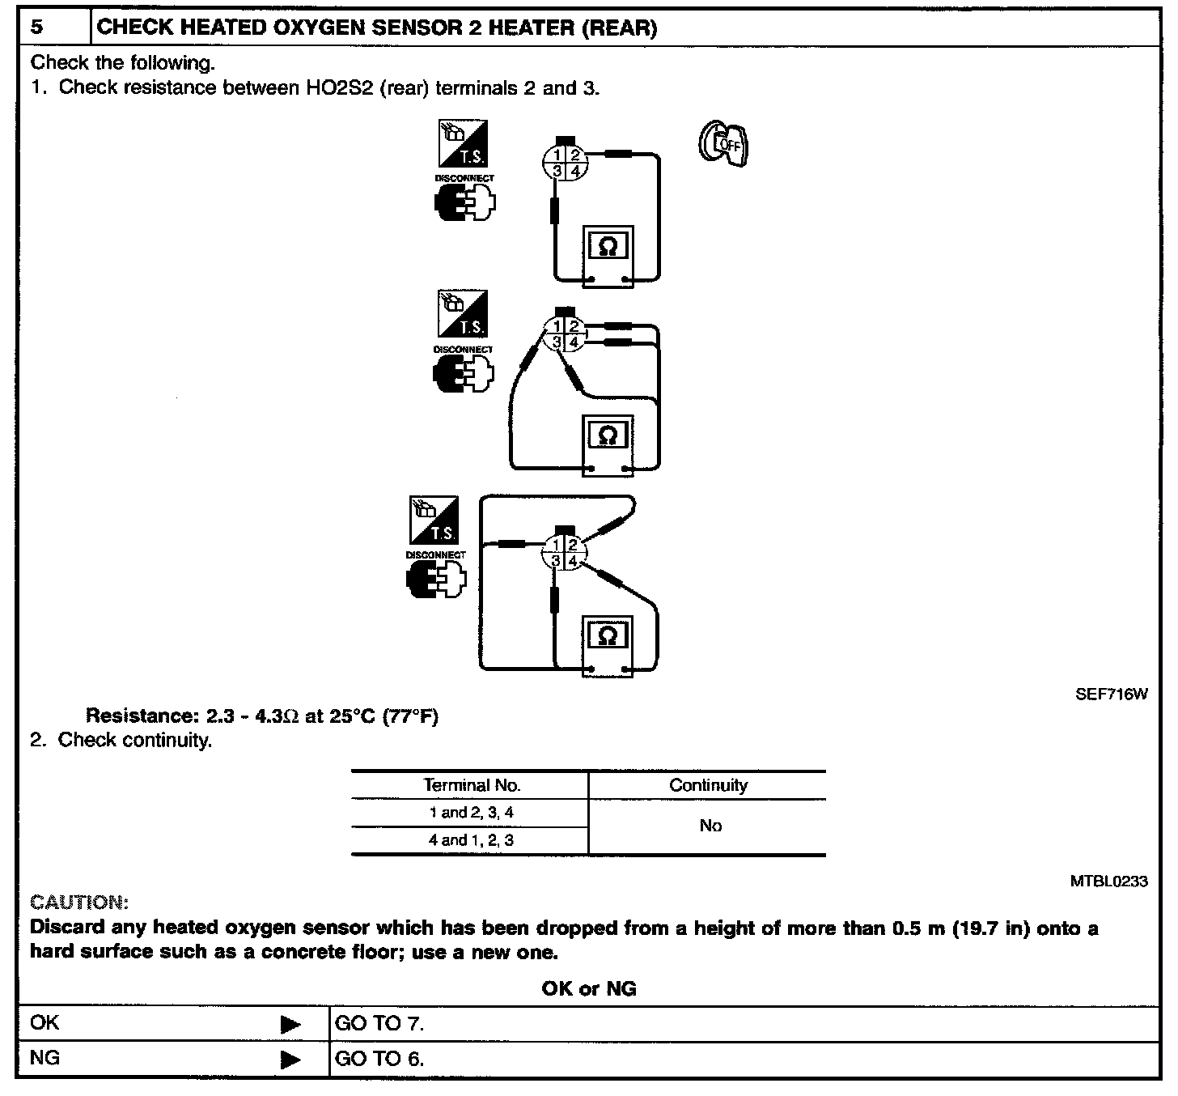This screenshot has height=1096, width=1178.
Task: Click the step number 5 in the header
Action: pos(38,28)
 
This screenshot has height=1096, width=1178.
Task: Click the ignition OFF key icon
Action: pos(722,144)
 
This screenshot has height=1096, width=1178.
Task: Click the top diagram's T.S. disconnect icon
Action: pos(464,144)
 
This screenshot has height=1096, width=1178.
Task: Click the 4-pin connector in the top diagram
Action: pos(565,162)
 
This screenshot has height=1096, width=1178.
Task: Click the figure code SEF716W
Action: pos(1111,694)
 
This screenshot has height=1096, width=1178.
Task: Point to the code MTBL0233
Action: pos(1108,881)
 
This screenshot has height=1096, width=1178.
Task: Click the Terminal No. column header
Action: pos(472,785)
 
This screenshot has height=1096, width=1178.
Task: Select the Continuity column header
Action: pos(708,785)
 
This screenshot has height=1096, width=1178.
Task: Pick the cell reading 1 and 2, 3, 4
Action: pos(471,813)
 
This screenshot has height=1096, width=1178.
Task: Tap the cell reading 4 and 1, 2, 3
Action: pos(471,840)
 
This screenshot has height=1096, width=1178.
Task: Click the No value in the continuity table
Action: pos(710,826)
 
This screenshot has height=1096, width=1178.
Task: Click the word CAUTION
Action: pos(78,902)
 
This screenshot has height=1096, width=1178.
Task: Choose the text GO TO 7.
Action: pos(379,1023)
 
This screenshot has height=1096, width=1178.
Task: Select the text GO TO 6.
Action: pos(379,1059)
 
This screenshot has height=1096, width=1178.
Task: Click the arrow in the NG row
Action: pos(290,1060)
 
